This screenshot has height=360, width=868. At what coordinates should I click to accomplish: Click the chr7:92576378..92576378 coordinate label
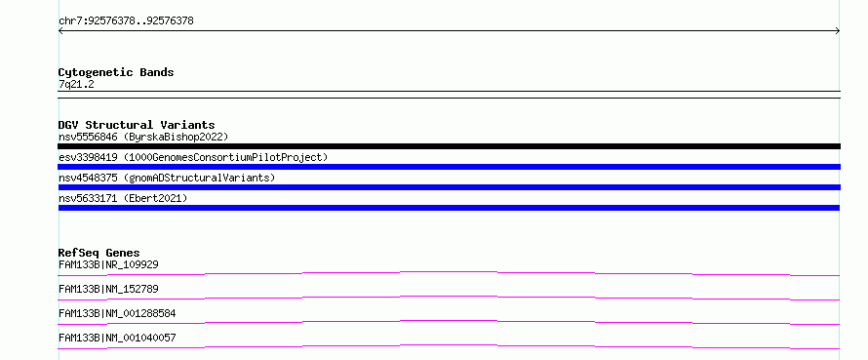(x=126, y=21)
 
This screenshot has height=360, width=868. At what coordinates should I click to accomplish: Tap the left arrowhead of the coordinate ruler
(x=60, y=31)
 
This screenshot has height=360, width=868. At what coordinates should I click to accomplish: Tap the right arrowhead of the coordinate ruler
(x=838, y=31)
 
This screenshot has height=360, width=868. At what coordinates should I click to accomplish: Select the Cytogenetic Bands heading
(x=116, y=72)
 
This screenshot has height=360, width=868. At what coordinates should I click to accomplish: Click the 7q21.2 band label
(x=76, y=84)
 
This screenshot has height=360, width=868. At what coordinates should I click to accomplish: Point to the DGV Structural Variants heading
(x=137, y=125)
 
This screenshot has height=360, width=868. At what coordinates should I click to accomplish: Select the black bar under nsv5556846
(x=449, y=146)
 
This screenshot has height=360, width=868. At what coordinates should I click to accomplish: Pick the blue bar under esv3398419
(x=449, y=167)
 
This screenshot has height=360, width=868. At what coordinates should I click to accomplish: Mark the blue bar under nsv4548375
(x=449, y=187)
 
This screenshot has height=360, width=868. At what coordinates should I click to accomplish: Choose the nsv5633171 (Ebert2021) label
(x=123, y=198)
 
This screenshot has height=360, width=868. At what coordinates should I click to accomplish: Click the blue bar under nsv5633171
(x=449, y=208)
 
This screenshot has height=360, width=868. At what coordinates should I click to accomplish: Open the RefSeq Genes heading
(x=99, y=253)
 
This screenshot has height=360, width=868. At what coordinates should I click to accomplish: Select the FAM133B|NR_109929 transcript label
(x=108, y=264)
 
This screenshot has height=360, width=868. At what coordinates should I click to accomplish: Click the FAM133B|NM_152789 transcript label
(x=108, y=289)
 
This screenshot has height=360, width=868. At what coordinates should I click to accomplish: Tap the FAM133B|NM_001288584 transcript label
(x=117, y=313)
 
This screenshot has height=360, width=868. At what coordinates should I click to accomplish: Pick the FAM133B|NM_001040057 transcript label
(x=117, y=338)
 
